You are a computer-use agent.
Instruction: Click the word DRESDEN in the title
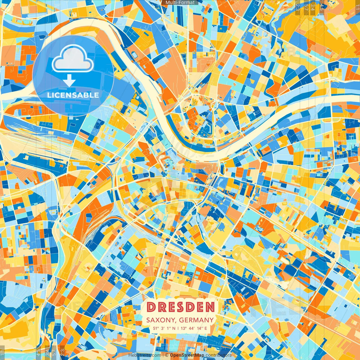[x=180, y=307]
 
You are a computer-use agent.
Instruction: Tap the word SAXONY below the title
[x=161, y=320]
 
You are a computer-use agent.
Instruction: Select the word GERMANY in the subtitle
[x=196, y=320]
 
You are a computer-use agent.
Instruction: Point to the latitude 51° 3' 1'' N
[x=164, y=328]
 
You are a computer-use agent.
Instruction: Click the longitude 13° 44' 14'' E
[x=194, y=328]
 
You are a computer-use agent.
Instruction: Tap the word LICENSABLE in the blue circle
[x=73, y=95]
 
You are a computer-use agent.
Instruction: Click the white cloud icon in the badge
[x=73, y=59]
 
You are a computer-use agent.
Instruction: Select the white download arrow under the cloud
[x=69, y=80]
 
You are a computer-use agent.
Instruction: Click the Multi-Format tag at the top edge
[x=180, y=3]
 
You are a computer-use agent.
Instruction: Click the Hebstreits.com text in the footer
[x=145, y=355]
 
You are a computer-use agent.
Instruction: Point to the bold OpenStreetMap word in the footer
[x=187, y=355]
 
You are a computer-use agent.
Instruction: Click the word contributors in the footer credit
[x=219, y=355]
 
